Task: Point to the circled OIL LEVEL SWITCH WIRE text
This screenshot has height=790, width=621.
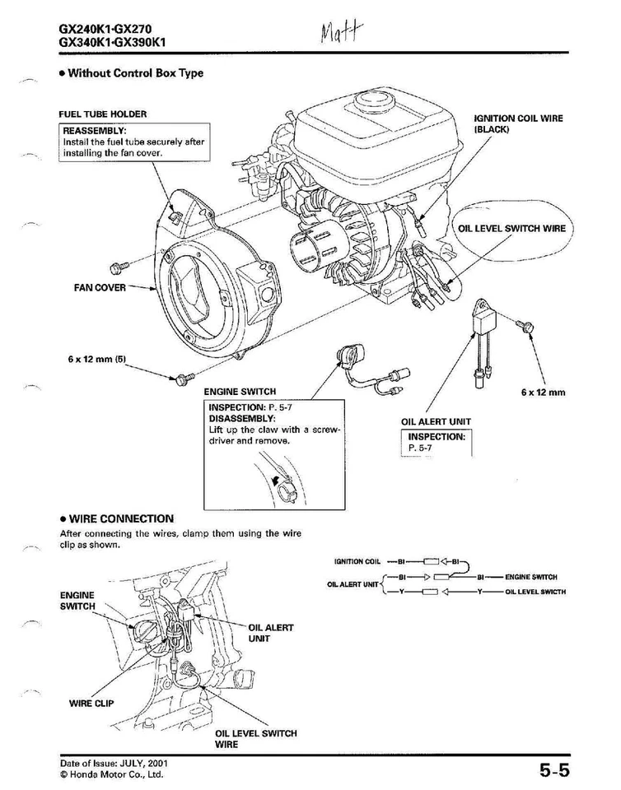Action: click(511, 228)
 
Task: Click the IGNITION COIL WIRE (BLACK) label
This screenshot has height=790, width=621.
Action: click(518, 123)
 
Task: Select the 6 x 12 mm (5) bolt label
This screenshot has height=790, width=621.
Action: click(96, 360)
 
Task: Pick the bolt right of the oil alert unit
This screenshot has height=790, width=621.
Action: click(521, 327)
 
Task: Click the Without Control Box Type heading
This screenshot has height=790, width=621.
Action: click(135, 73)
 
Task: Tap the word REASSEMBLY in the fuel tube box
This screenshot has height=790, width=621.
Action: click(95, 131)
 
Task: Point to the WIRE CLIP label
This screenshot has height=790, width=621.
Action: click(91, 703)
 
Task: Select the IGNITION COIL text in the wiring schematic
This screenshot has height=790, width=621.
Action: click(357, 562)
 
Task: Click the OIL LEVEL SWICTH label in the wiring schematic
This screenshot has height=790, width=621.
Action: click(535, 592)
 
